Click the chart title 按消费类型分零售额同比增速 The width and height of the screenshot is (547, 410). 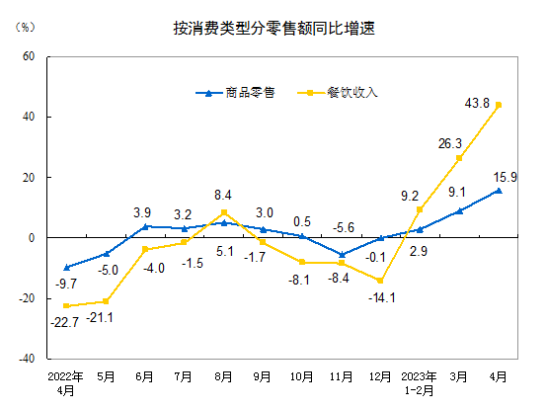273,29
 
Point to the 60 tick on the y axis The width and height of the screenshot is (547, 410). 29,56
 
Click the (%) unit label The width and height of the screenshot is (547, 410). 26,26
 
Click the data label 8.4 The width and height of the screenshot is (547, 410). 223,195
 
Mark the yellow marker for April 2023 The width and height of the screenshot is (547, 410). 499,105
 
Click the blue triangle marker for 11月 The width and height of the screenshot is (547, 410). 342,255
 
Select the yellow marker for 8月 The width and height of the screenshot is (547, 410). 224,212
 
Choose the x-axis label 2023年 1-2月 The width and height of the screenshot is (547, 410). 420,382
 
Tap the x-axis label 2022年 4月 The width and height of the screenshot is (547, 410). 66,382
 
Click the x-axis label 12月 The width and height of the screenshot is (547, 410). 380,376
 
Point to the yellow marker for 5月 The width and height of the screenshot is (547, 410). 106,301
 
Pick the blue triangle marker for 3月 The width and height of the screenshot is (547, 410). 459,210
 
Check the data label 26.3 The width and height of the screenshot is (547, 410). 451,143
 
